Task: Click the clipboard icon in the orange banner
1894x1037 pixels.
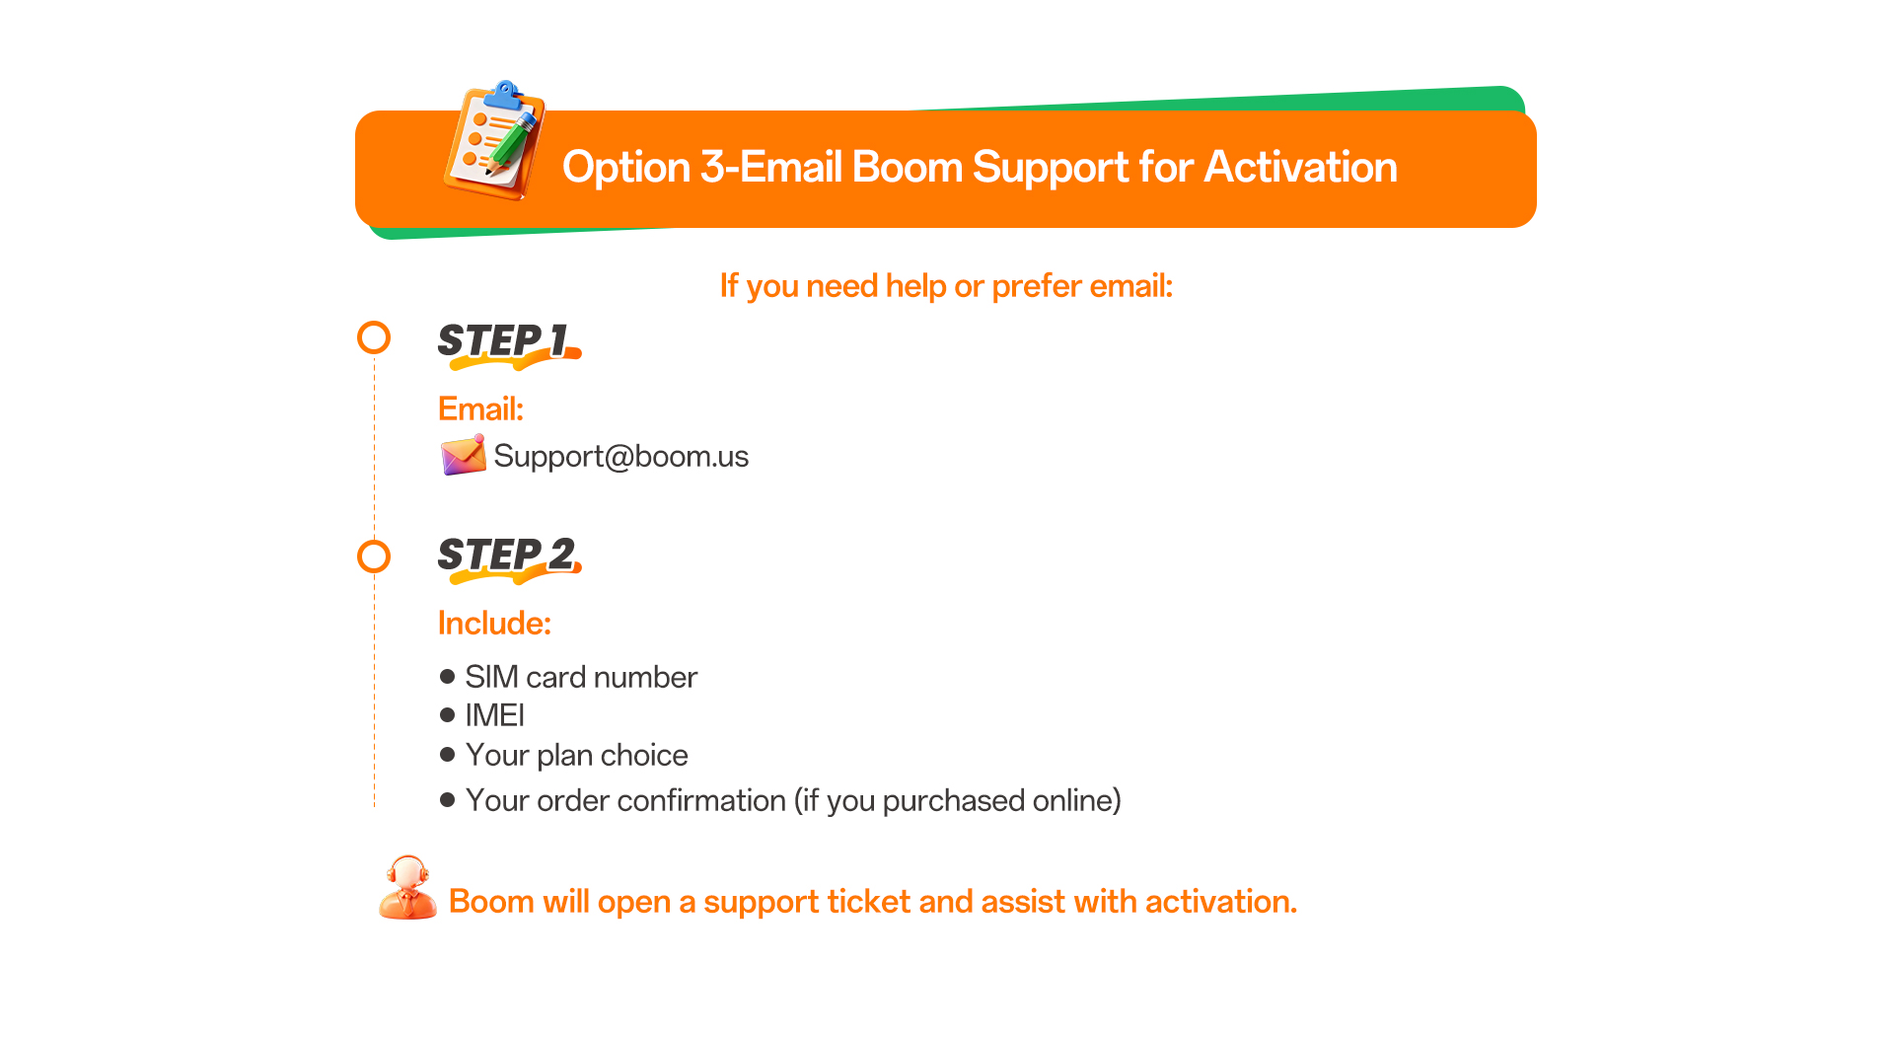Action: pos(494,140)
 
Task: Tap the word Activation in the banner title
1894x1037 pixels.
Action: pos(1301,167)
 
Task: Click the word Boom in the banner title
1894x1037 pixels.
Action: pos(907,167)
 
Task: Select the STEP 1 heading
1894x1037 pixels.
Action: pos(508,343)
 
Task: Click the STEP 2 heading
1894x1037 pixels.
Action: pos(509,557)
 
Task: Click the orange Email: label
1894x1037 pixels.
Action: pos(480,408)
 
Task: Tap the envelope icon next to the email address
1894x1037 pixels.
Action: pos(463,455)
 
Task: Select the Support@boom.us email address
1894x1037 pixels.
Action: pos(621,456)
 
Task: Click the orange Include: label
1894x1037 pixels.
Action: pos(494,623)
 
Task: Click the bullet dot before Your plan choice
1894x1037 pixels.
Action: pos(448,755)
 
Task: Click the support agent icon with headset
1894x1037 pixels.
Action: pos(407,888)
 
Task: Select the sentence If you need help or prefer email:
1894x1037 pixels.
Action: pos(946,286)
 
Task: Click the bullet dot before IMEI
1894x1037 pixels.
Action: pos(448,714)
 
